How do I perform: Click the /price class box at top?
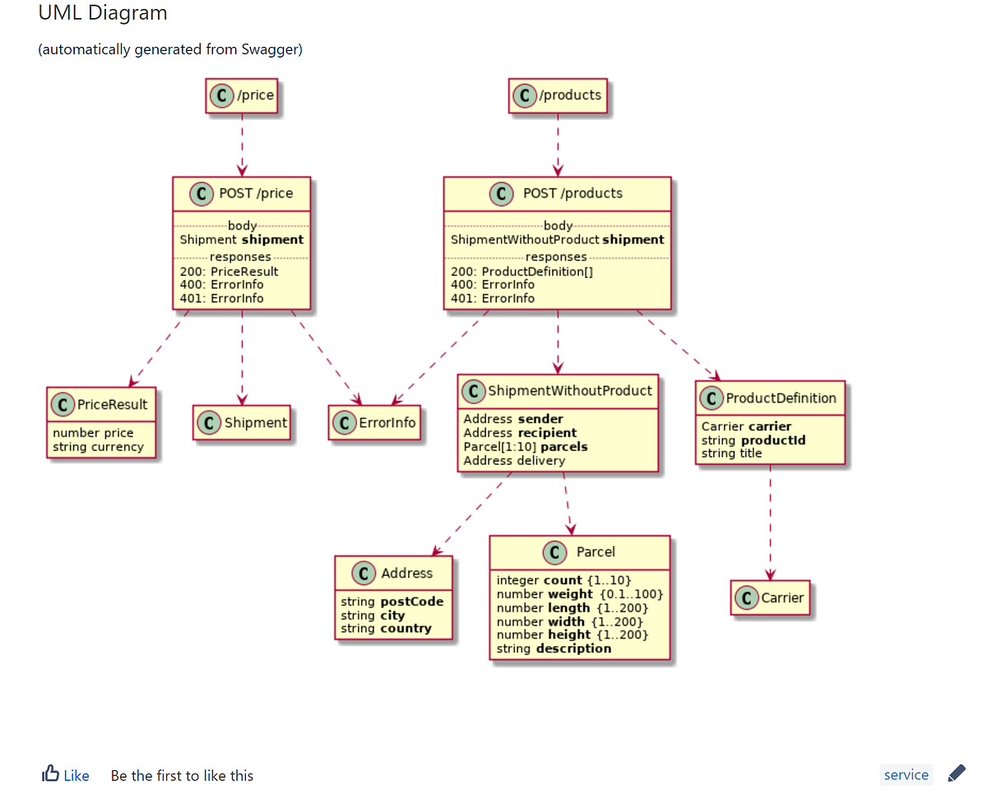[x=242, y=95]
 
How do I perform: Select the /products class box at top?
[x=558, y=95]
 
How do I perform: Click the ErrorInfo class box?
[x=375, y=423]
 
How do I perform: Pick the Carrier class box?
[x=770, y=597]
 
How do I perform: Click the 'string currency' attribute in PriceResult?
[x=98, y=447]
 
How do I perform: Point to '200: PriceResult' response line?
[x=229, y=272]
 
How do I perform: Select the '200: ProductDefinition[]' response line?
[x=521, y=272]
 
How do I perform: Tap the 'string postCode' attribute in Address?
[x=392, y=602]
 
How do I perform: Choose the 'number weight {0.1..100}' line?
[x=579, y=594]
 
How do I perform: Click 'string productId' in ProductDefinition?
[x=753, y=440]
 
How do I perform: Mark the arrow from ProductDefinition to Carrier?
[x=770, y=523]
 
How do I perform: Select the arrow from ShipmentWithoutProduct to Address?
[x=470, y=514]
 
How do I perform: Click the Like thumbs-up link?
[x=66, y=775]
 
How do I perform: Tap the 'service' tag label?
[x=906, y=774]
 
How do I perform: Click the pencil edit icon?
[x=956, y=774]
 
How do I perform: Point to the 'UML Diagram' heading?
[x=103, y=13]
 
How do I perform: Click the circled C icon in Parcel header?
[x=555, y=552]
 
